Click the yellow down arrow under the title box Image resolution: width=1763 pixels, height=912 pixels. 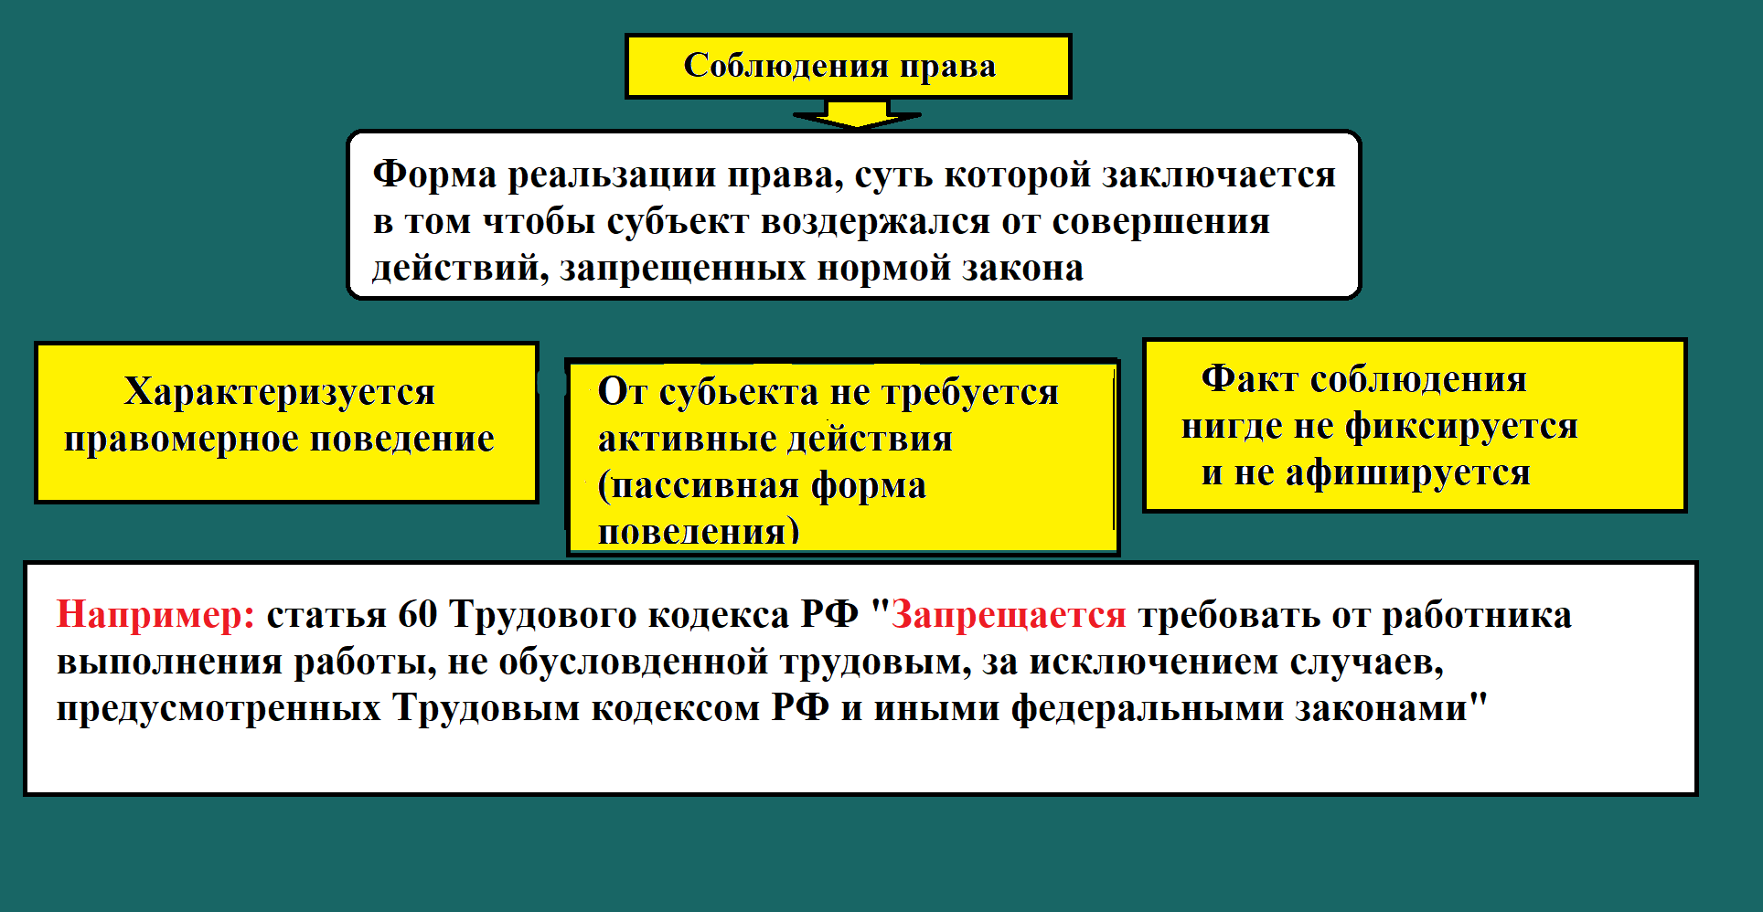tap(857, 114)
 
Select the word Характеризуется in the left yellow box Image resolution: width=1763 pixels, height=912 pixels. tap(279, 392)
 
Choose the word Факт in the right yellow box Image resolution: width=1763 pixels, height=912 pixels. tap(1249, 378)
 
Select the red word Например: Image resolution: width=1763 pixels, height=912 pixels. tap(155, 615)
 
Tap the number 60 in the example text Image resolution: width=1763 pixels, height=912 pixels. tap(417, 615)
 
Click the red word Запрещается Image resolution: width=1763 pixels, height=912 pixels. tap(1009, 615)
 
